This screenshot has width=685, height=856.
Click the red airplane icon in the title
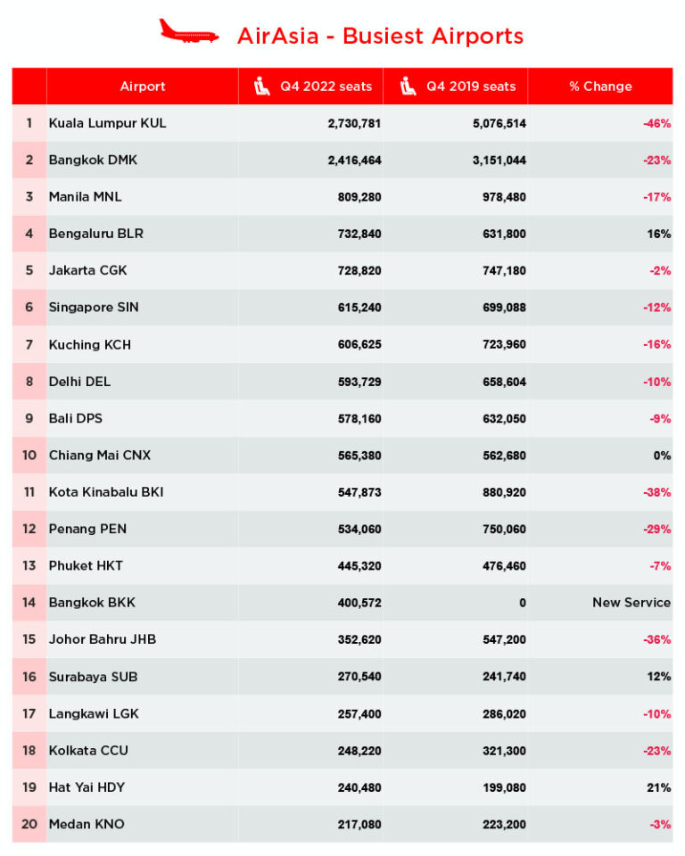[x=188, y=32]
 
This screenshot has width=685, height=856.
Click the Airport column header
[x=143, y=86]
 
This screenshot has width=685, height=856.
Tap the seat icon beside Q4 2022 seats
[x=261, y=86]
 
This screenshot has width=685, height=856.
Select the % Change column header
[x=600, y=86]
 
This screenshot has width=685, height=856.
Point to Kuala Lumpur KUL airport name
[x=107, y=123]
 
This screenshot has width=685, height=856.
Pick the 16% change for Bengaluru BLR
[x=659, y=234]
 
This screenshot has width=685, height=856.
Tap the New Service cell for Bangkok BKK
[x=631, y=603]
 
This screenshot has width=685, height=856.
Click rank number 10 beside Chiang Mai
[x=29, y=455]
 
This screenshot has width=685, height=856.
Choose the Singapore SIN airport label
[x=94, y=308]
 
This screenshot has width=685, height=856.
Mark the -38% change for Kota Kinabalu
[x=656, y=492]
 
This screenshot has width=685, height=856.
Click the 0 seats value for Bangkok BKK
[x=522, y=603]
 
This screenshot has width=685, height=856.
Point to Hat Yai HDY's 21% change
[x=659, y=787]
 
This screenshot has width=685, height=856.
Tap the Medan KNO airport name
[x=87, y=824]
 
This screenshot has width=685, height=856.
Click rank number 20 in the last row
[x=29, y=824]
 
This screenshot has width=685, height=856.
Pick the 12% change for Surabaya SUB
[x=659, y=677]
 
